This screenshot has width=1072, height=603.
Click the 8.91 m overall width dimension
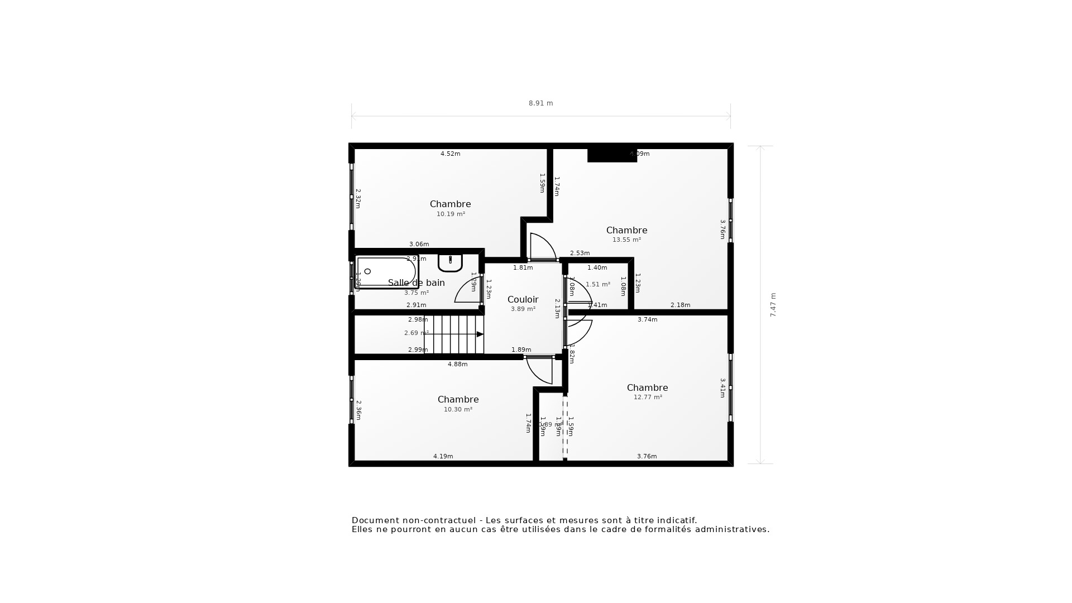(x=540, y=103)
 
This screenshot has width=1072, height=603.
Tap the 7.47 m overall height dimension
(x=773, y=305)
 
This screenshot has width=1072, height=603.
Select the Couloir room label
(x=523, y=300)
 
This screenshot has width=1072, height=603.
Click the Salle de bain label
(x=417, y=283)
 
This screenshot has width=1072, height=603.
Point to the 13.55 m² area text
(x=626, y=240)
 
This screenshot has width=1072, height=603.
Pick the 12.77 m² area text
(x=648, y=398)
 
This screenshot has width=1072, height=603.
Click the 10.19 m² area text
(x=451, y=214)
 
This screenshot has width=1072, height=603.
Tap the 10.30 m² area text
(x=458, y=409)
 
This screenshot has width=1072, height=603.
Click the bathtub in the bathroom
(x=386, y=272)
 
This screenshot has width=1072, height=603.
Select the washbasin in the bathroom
(x=450, y=262)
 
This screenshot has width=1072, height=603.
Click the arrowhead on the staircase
(x=480, y=334)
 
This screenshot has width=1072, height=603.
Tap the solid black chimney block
(x=611, y=155)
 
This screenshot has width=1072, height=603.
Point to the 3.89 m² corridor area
(x=523, y=309)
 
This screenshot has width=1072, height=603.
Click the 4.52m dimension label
(x=450, y=154)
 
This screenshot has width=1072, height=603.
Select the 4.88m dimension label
(x=457, y=365)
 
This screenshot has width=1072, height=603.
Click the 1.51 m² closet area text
(x=597, y=285)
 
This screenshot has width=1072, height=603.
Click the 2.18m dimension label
(x=680, y=305)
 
